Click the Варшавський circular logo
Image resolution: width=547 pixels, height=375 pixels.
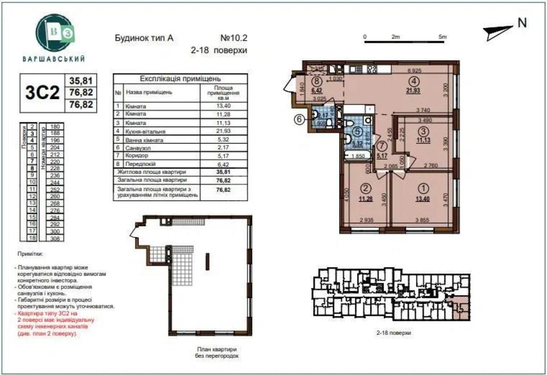coord(54,32)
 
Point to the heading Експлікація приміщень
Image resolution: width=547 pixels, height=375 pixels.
coord(180,78)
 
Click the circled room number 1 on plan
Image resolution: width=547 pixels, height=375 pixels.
coord(424,186)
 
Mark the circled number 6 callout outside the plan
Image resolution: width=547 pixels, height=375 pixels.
coord(299,120)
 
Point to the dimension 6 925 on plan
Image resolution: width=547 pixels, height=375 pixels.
coord(413,72)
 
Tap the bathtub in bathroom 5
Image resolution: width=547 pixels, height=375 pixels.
coord(357,157)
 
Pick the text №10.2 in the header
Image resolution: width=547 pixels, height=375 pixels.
coord(232,39)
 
